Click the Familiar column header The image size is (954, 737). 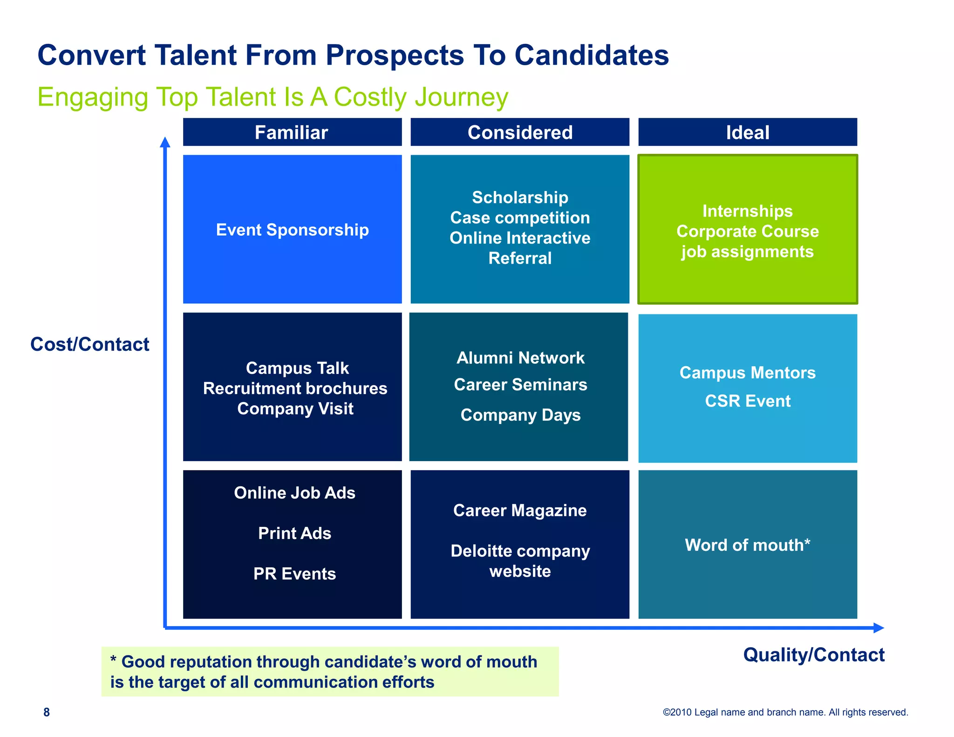coord(292,133)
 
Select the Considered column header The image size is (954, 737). coord(520,133)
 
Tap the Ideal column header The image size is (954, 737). coord(747,133)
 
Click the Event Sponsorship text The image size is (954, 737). coord(292,230)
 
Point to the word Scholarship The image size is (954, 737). coord(520,198)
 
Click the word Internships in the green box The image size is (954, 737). coord(747,211)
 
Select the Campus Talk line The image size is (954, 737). coord(297,368)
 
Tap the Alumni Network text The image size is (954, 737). coord(520,358)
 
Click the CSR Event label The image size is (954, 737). coord(747,401)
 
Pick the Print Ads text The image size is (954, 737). coord(294,533)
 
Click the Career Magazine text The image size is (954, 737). coord(520,511)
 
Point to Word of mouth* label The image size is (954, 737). coord(747,545)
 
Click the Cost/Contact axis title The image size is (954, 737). coord(89,344)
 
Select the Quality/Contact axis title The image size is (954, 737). coord(813,655)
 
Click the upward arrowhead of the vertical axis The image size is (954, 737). coord(165,142)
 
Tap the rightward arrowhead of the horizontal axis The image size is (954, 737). coord(878,628)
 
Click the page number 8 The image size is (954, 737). coord(47,712)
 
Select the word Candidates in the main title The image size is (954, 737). coord(592,55)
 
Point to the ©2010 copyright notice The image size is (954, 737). coord(785,712)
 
